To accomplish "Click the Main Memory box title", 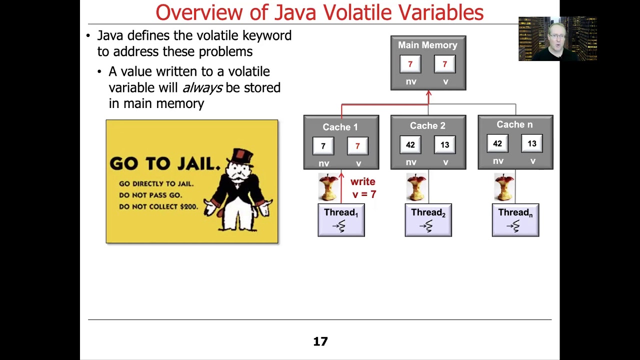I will [427, 45].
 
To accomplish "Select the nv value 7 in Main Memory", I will [410, 64].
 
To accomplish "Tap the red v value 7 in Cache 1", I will [357, 146].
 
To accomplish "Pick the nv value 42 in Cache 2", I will [410, 145].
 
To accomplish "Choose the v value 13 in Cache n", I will [532, 144].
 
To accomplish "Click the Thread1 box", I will [341, 220].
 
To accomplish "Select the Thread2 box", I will [428, 220].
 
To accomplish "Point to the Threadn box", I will [515, 220].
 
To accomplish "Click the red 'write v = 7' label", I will [363, 188].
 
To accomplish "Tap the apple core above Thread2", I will [416, 187].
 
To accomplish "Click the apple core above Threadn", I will [503, 187].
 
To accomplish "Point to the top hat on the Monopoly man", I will [243, 156].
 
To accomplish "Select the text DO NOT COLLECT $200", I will [158, 206].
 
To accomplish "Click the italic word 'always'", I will [202, 87].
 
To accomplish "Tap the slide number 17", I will [320, 341].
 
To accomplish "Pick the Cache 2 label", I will [427, 126].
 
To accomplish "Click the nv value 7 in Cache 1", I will [323, 146].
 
